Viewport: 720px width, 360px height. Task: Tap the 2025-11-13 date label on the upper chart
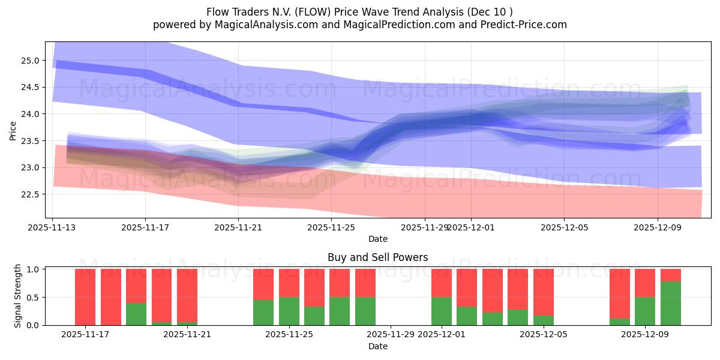tap(52, 228)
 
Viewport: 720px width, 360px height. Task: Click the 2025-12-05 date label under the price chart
tap(564, 228)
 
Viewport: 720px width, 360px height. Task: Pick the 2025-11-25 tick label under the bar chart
tap(289, 335)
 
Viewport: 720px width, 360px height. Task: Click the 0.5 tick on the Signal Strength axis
tap(33, 298)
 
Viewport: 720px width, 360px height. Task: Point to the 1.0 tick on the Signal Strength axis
tap(33, 269)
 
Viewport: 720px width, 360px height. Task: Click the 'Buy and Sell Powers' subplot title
tap(377, 257)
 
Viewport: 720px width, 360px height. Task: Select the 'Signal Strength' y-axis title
tap(18, 296)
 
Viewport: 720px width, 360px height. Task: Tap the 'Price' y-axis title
tap(13, 130)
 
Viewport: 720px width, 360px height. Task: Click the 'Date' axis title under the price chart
tap(377, 239)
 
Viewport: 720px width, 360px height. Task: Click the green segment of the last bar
tap(670, 304)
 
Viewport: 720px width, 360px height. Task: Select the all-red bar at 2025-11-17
tap(85, 297)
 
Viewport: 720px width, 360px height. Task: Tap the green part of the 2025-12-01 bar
tap(442, 311)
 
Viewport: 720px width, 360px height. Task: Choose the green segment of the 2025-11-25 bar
tap(289, 311)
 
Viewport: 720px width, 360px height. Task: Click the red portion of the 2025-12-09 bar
tap(645, 283)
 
